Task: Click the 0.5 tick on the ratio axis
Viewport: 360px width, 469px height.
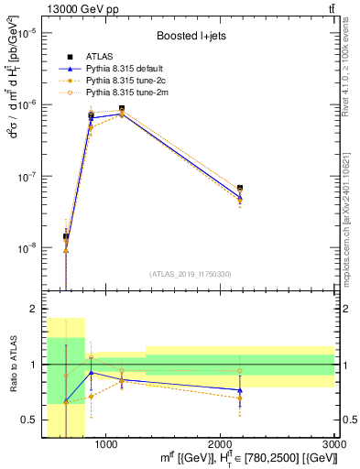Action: [x=27, y=420]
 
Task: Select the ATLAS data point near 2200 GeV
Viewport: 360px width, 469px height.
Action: [x=239, y=188]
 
